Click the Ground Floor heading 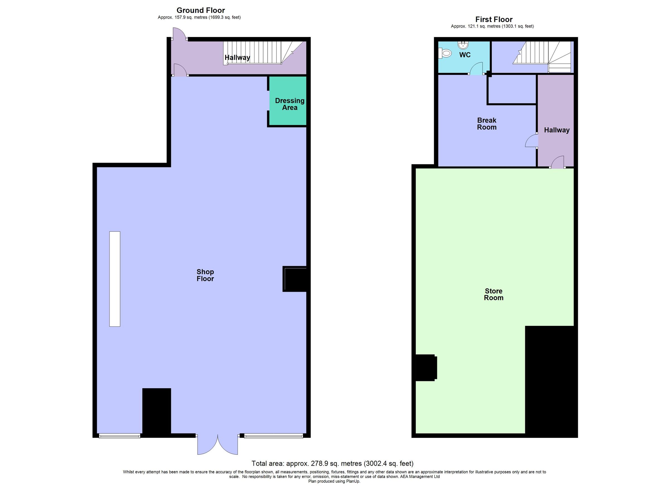click(x=201, y=10)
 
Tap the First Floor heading click(x=494, y=19)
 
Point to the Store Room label click(x=493, y=294)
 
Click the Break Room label click(x=487, y=124)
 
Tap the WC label click(x=465, y=55)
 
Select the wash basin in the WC click(x=463, y=45)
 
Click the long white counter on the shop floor click(x=115, y=279)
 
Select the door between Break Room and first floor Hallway click(x=531, y=141)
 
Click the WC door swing click(x=476, y=69)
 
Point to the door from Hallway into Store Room click(x=557, y=162)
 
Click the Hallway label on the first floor click(x=557, y=130)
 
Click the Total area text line click(x=332, y=463)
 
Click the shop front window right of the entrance click(x=273, y=436)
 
